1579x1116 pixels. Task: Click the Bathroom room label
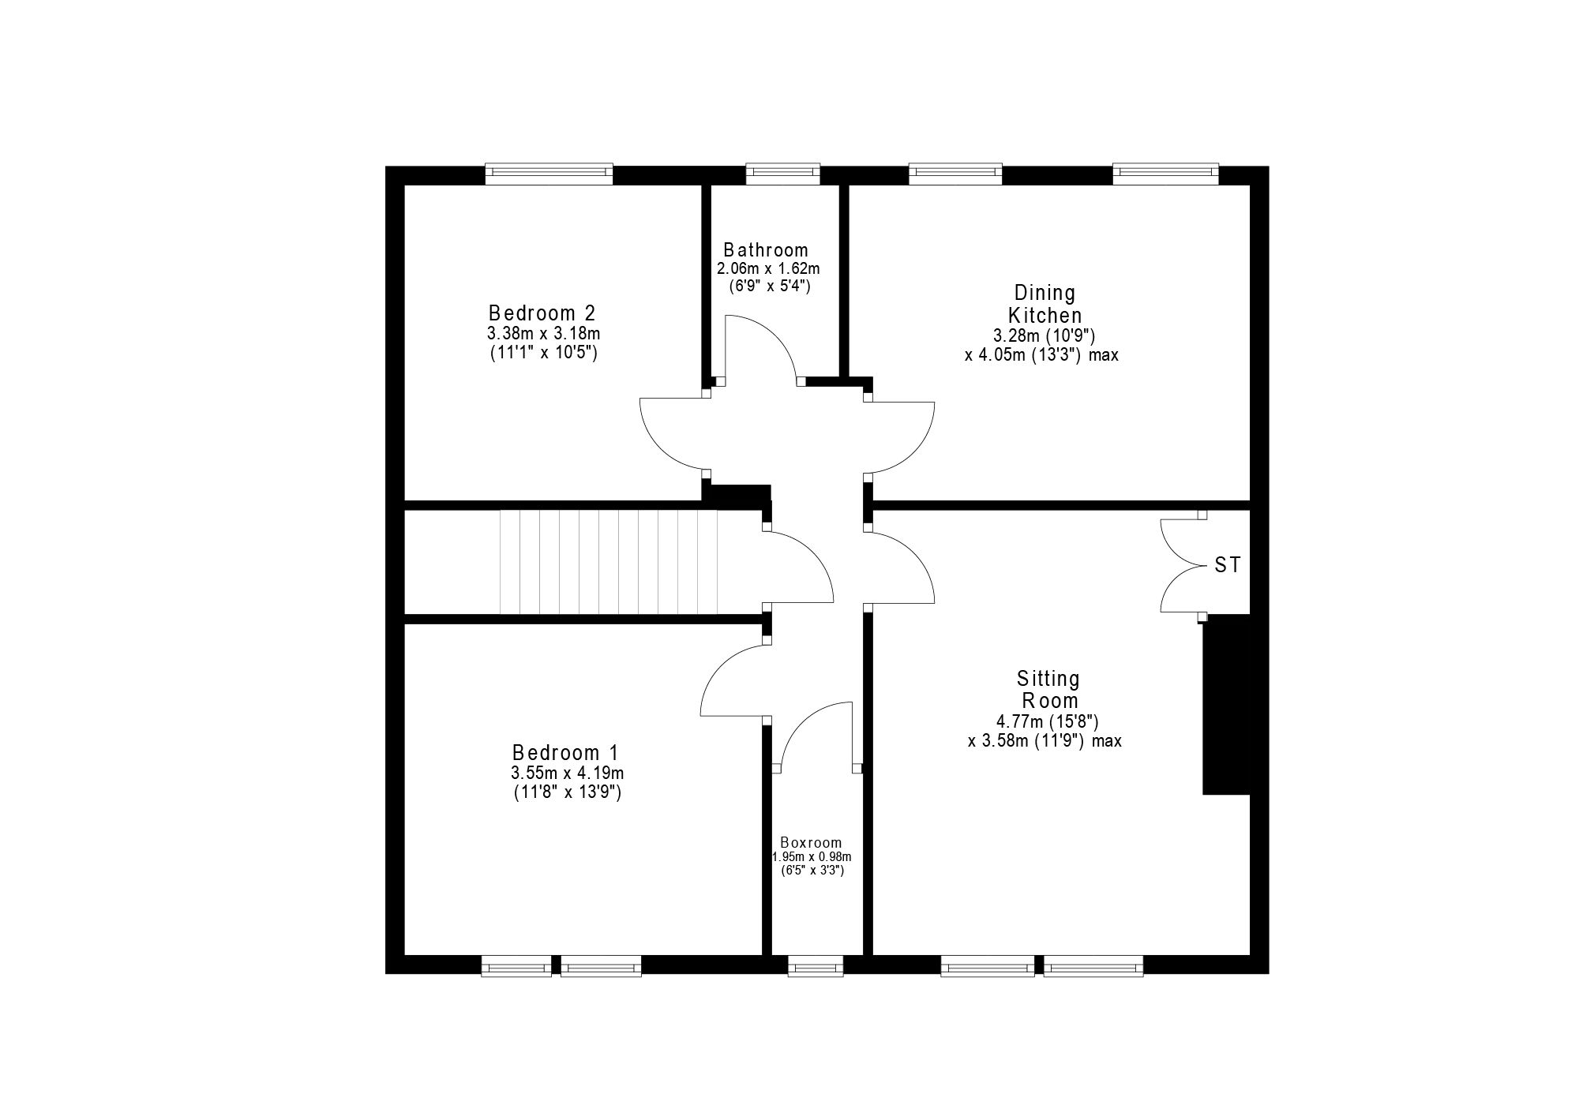click(766, 250)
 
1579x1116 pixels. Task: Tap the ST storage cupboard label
click(1228, 565)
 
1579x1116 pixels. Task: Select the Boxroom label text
click(811, 843)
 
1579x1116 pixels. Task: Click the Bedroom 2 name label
click(542, 313)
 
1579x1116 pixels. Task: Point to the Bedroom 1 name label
click(566, 752)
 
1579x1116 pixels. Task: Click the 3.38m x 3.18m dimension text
click(543, 334)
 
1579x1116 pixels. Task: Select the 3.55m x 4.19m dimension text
click(567, 773)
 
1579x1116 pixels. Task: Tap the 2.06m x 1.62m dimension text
click(768, 269)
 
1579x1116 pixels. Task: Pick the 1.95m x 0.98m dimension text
click(812, 857)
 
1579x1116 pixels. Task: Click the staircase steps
click(609, 561)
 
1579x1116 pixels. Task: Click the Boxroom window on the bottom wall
click(816, 965)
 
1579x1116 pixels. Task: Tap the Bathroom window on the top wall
click(783, 174)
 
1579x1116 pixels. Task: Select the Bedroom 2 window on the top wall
click(549, 174)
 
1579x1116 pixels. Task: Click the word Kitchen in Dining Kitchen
click(1045, 315)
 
